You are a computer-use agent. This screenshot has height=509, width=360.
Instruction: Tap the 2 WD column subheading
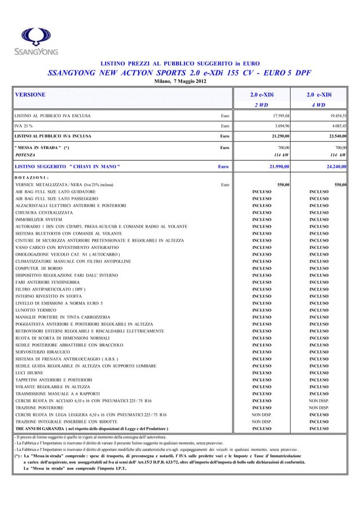(x=261, y=105)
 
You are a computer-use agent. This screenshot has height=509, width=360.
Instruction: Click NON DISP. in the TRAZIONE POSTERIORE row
(x=319, y=407)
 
